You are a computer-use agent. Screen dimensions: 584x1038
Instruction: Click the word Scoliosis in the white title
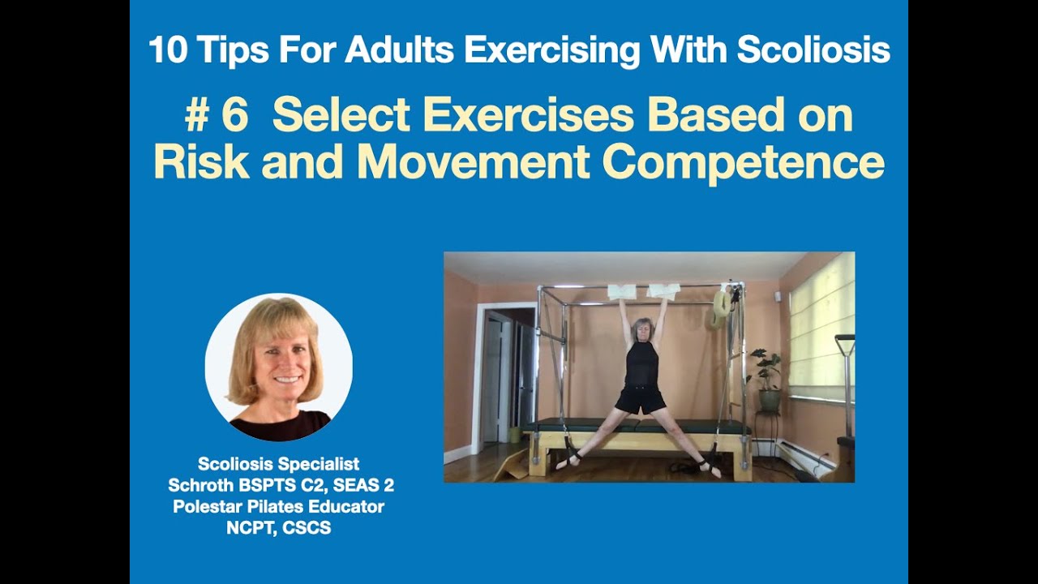coord(813,50)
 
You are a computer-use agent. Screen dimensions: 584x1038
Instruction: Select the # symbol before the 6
coord(198,116)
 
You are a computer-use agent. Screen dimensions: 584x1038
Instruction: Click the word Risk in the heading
coord(201,161)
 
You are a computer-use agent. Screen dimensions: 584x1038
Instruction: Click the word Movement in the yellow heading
coord(473,161)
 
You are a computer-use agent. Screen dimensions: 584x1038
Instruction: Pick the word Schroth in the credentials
coord(199,485)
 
